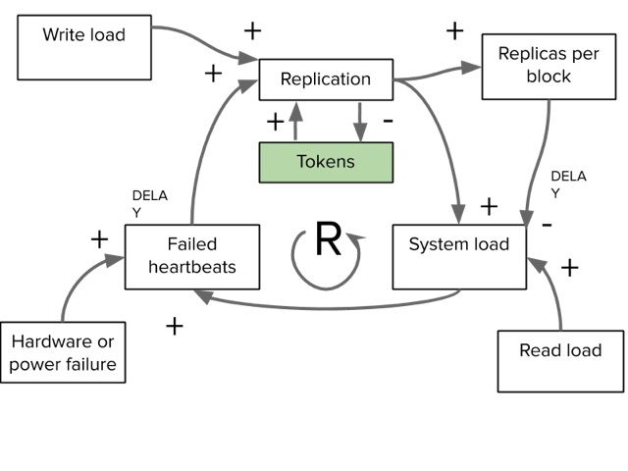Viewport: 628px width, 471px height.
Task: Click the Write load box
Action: [x=84, y=46]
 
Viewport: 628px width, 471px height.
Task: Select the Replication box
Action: [x=325, y=79]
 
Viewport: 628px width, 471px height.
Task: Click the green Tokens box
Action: [x=325, y=162]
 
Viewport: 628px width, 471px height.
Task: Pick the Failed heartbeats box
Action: [x=192, y=256]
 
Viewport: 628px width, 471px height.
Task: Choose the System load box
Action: [x=458, y=256]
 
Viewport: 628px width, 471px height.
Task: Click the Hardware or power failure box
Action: [x=63, y=352]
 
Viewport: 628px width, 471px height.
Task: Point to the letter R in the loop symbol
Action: [x=327, y=241]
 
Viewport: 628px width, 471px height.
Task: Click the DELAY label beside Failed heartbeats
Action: [x=150, y=203]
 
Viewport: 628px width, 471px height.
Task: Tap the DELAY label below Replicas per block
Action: [x=568, y=184]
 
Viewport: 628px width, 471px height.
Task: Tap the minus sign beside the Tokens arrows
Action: [x=388, y=120]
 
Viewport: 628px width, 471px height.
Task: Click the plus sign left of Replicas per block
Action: [x=454, y=30]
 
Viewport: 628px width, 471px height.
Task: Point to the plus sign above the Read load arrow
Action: [x=569, y=267]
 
